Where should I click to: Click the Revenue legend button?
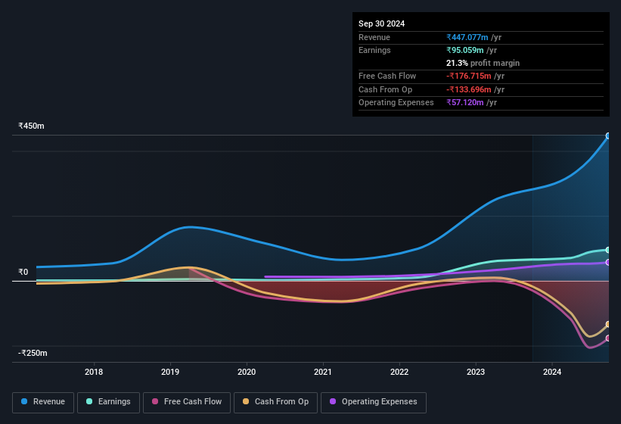click(x=44, y=401)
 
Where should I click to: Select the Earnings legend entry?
click(x=109, y=401)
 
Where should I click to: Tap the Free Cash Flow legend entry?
click(x=187, y=401)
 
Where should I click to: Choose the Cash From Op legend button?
click(x=276, y=401)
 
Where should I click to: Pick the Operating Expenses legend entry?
click(x=374, y=401)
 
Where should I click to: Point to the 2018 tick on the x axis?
click(x=94, y=372)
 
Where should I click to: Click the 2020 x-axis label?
click(x=247, y=372)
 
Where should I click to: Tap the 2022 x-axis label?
click(x=399, y=372)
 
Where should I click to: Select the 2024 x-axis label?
click(x=552, y=372)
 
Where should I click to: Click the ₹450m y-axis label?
click(x=32, y=126)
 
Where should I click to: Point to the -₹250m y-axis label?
click(x=33, y=353)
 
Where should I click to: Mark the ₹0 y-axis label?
click(x=23, y=272)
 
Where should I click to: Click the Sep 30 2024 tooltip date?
click(x=382, y=23)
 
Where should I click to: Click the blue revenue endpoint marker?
click(x=608, y=136)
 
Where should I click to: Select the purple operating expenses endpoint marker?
click(x=608, y=263)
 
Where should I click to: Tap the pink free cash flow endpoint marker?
click(x=608, y=338)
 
